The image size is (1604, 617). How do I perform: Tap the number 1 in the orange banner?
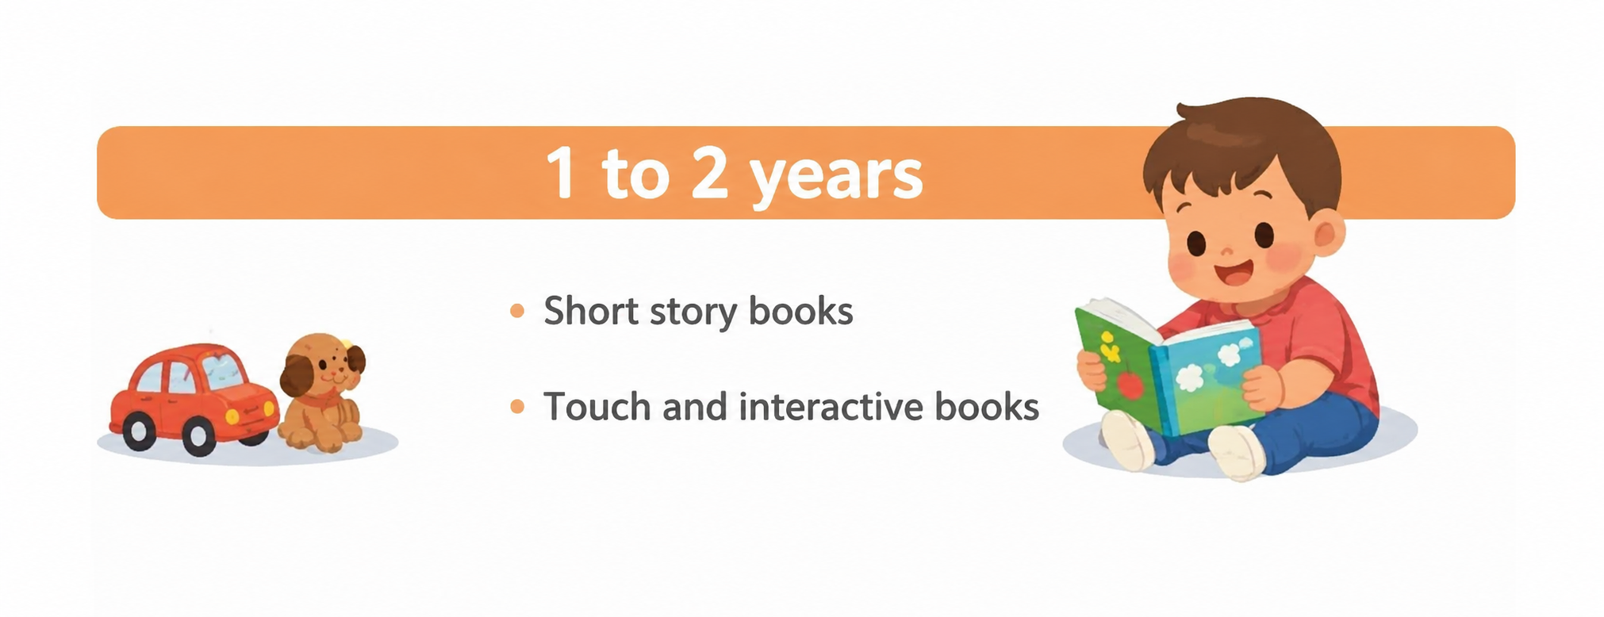(x=562, y=172)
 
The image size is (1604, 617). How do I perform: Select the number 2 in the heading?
(x=709, y=172)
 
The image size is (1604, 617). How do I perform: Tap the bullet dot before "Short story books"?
(x=517, y=311)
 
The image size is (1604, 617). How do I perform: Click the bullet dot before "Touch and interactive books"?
(x=517, y=407)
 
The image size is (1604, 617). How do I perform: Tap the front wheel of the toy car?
(x=198, y=437)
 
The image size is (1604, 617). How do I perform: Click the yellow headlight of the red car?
(x=232, y=416)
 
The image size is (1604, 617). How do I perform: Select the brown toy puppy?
(x=322, y=393)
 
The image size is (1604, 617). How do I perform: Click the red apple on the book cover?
(x=1130, y=385)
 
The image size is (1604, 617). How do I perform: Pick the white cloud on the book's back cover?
(x=1190, y=377)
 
